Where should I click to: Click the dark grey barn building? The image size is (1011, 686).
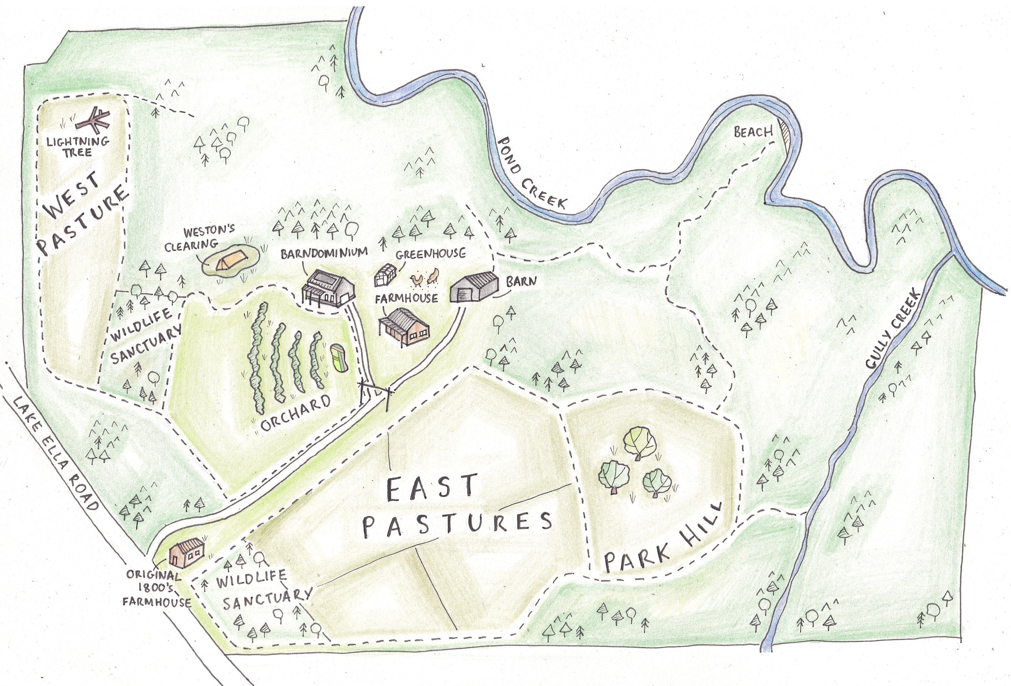[475, 287]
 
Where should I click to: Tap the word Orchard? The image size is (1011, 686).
[296, 414]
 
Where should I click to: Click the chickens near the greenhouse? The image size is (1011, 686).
[425, 278]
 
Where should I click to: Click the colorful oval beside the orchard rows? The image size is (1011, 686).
[338, 358]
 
